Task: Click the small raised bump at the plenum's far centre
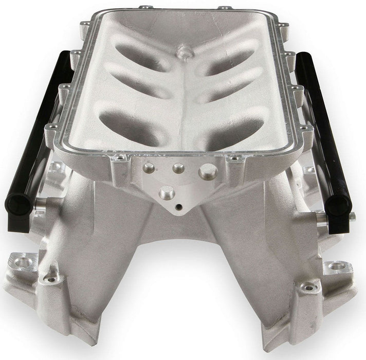click(x=182, y=52)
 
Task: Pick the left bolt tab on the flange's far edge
click(x=142, y=8)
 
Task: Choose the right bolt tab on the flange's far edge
click(x=224, y=9)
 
